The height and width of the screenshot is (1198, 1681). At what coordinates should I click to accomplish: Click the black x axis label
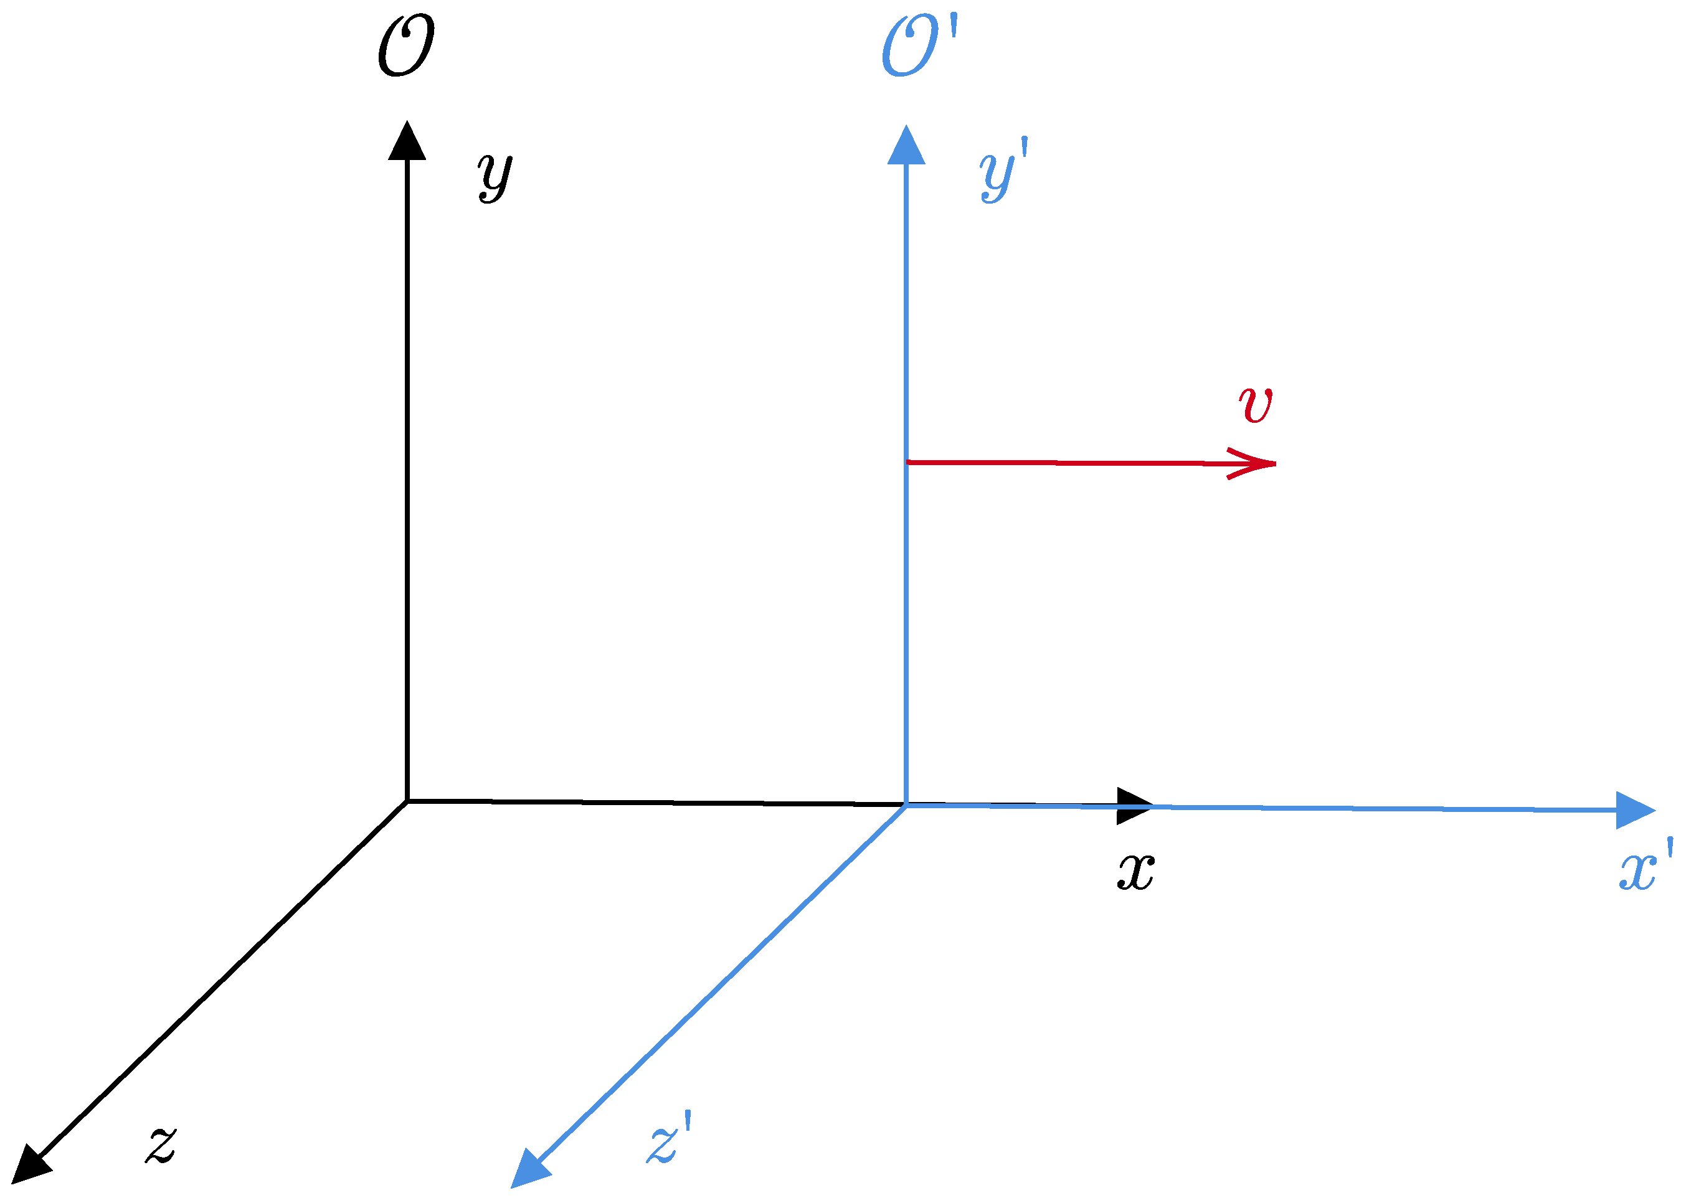(x=1135, y=873)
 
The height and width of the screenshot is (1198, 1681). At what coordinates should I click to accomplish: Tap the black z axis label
(x=161, y=1144)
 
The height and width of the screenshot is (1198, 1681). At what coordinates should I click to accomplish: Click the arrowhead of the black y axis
(x=407, y=141)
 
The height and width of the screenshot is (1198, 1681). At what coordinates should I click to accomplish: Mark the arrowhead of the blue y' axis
(x=906, y=146)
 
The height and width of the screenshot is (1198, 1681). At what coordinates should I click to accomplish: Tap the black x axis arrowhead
(x=1134, y=806)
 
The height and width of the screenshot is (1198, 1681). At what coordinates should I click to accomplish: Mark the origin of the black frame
(x=407, y=801)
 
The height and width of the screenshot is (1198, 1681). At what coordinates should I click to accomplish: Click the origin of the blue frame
(x=906, y=805)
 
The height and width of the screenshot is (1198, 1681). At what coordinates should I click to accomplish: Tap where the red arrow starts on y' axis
(x=907, y=462)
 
